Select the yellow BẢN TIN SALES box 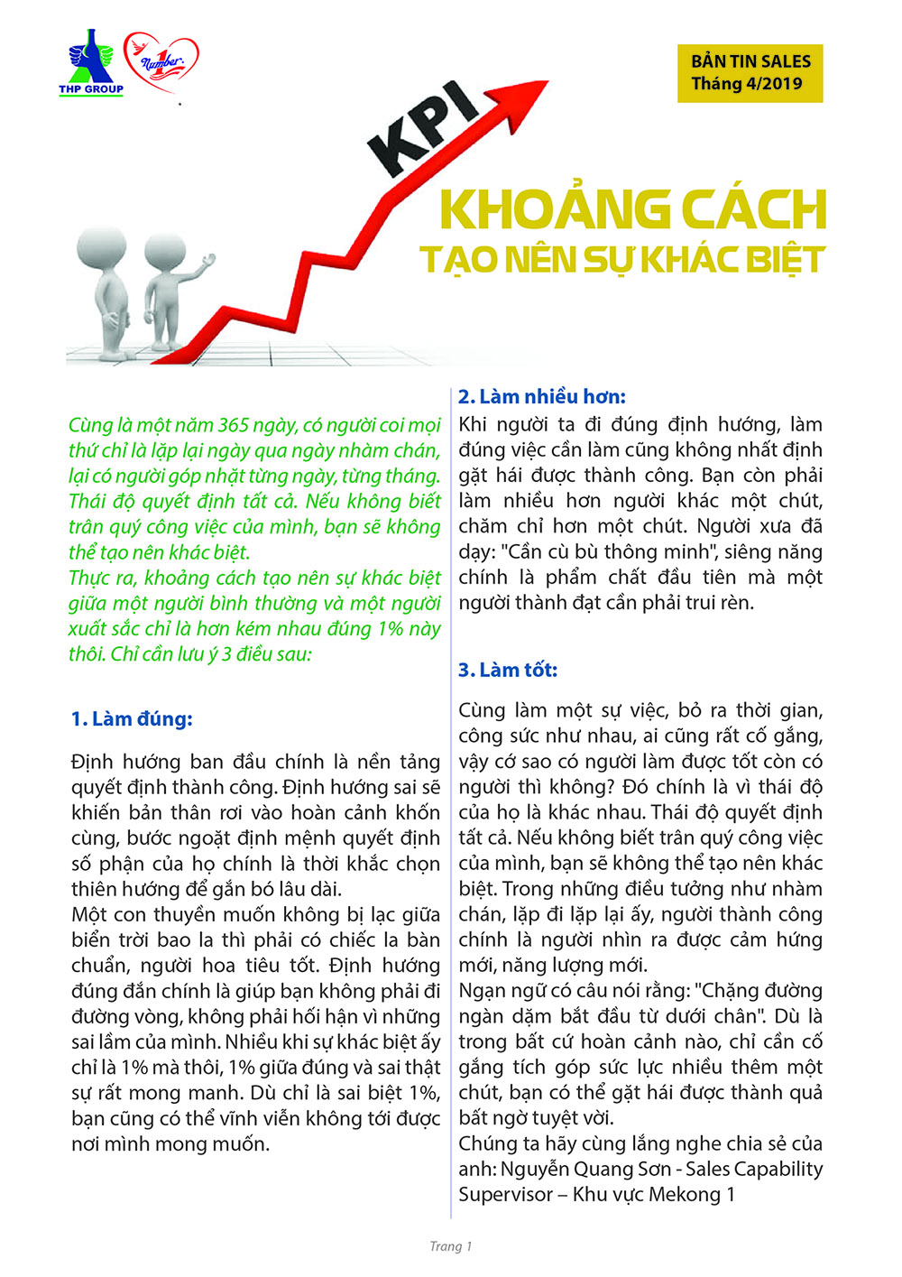tap(750, 72)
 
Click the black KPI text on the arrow tap(423, 128)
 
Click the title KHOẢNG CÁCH tap(632, 210)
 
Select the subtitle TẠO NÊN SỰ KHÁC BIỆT tap(622, 260)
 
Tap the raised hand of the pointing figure tap(209, 261)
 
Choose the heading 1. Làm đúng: tap(132, 719)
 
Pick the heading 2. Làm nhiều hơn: tap(541, 397)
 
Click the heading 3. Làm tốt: tap(508, 670)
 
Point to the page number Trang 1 tap(450, 1246)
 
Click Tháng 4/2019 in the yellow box tap(746, 84)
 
